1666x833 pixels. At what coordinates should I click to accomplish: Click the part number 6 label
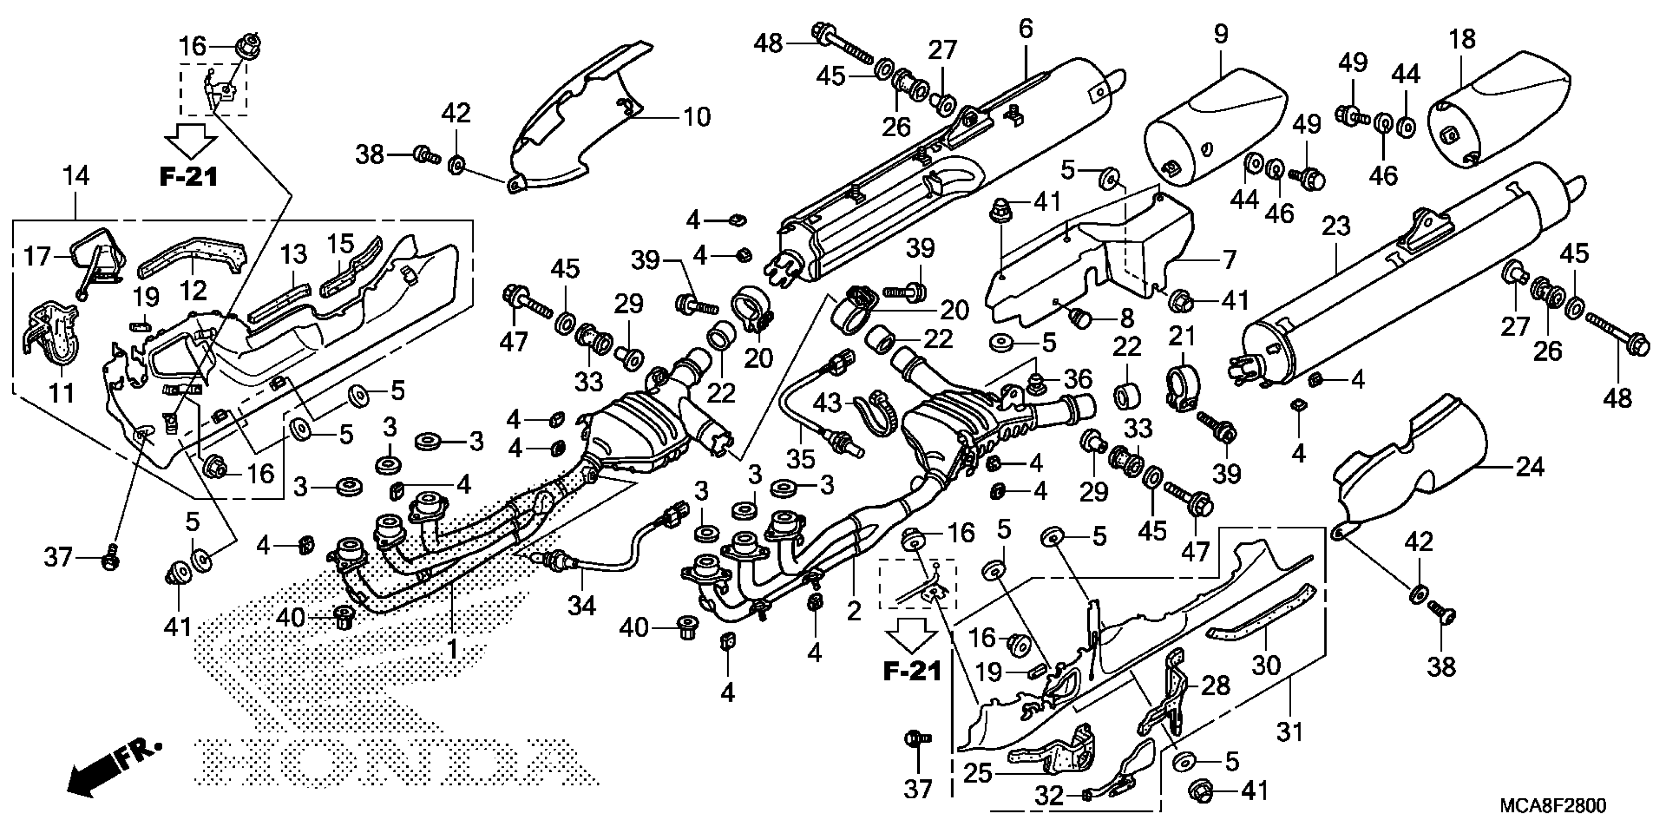point(1025,29)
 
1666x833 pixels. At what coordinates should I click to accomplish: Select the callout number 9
point(1221,34)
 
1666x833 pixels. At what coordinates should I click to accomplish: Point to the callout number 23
point(1336,226)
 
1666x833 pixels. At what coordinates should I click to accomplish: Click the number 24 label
point(1530,467)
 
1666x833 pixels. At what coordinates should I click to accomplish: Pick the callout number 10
point(697,118)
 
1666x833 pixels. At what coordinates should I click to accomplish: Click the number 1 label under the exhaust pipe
point(452,649)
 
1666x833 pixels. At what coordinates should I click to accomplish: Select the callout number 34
point(582,606)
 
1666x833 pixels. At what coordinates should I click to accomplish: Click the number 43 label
point(827,404)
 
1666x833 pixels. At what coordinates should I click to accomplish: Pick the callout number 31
point(1290,732)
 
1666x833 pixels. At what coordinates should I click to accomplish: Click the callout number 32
point(1049,795)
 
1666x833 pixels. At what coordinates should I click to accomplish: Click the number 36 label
point(1078,379)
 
